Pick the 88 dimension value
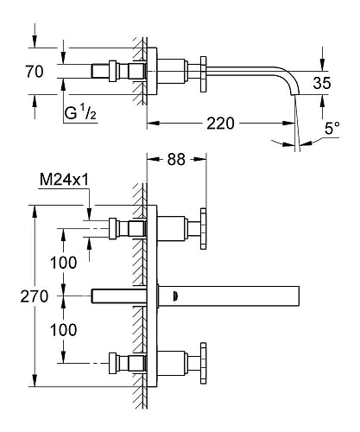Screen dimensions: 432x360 (x=176, y=159)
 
